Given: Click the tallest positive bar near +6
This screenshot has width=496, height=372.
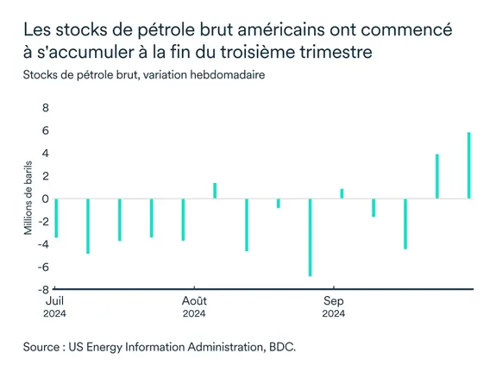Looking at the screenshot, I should [x=469, y=165].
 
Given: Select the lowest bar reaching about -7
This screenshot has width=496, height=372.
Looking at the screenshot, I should [x=310, y=237].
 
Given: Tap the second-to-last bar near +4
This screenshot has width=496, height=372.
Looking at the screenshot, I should [x=437, y=176].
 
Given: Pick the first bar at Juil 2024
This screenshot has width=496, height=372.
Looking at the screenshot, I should [x=56, y=218].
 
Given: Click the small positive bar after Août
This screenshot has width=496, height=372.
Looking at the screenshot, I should [x=215, y=191].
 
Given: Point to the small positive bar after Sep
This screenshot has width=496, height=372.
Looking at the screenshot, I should [x=342, y=193].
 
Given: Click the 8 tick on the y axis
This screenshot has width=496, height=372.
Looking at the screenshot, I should [x=46, y=109].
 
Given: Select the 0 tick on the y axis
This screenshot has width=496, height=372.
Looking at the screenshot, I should [x=46, y=199].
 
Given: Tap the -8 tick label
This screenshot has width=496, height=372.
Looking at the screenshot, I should [x=43, y=289].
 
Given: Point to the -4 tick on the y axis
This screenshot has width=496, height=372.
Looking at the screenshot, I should [x=43, y=244].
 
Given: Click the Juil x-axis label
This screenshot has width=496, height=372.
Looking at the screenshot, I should [x=53, y=301].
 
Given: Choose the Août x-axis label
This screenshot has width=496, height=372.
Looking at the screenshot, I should [x=194, y=301].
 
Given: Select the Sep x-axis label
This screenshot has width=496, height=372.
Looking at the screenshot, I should [x=334, y=301].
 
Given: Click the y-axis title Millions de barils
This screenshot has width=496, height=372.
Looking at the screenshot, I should [x=28, y=199].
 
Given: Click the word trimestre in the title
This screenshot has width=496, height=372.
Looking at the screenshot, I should [x=332, y=53].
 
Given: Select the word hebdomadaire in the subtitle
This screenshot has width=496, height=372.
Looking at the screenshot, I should [x=223, y=75].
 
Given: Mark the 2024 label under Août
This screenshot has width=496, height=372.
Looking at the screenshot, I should [x=194, y=313].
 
